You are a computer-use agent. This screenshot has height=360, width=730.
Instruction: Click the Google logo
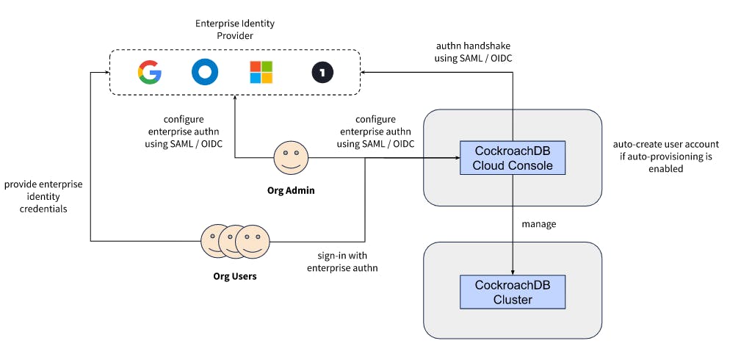150,72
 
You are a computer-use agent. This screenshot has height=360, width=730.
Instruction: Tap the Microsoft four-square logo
261,72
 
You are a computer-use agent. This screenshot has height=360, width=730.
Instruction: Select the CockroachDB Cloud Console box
512,158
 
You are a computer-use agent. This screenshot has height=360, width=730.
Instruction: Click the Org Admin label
291,190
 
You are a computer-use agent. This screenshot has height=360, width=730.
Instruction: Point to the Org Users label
235,278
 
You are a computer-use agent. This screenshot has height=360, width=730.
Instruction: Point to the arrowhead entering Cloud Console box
455,158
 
